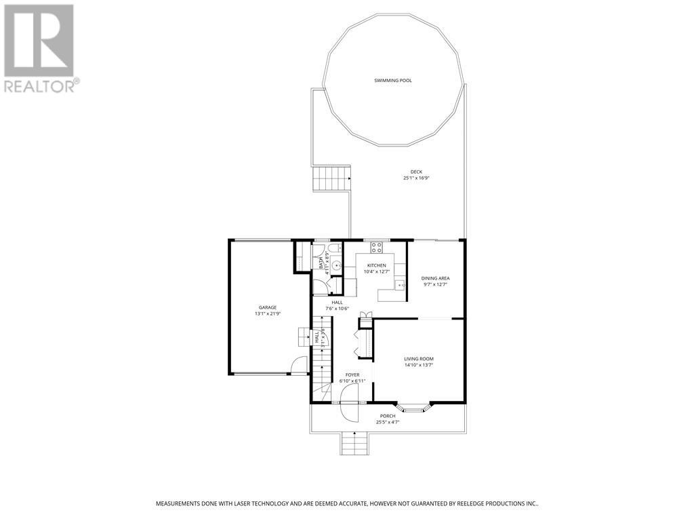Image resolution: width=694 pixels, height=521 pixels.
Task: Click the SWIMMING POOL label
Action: (x=393, y=81)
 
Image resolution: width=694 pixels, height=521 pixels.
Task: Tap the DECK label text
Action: (x=416, y=172)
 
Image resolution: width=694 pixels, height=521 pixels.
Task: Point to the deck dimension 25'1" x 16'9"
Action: (x=416, y=178)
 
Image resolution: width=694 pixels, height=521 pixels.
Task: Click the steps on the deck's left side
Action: (x=331, y=180)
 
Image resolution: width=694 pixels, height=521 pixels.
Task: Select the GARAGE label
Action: (x=267, y=307)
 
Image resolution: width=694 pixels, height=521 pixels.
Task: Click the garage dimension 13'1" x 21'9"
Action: (x=267, y=314)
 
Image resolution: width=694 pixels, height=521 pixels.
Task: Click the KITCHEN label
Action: (x=377, y=265)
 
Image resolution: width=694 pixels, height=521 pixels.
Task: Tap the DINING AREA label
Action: (x=435, y=278)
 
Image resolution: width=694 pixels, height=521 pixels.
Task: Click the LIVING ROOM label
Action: (x=418, y=359)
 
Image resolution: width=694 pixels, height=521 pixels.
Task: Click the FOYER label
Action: (x=352, y=374)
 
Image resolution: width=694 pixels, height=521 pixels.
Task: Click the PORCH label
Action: (x=388, y=416)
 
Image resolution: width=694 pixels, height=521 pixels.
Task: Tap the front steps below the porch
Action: (x=355, y=445)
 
